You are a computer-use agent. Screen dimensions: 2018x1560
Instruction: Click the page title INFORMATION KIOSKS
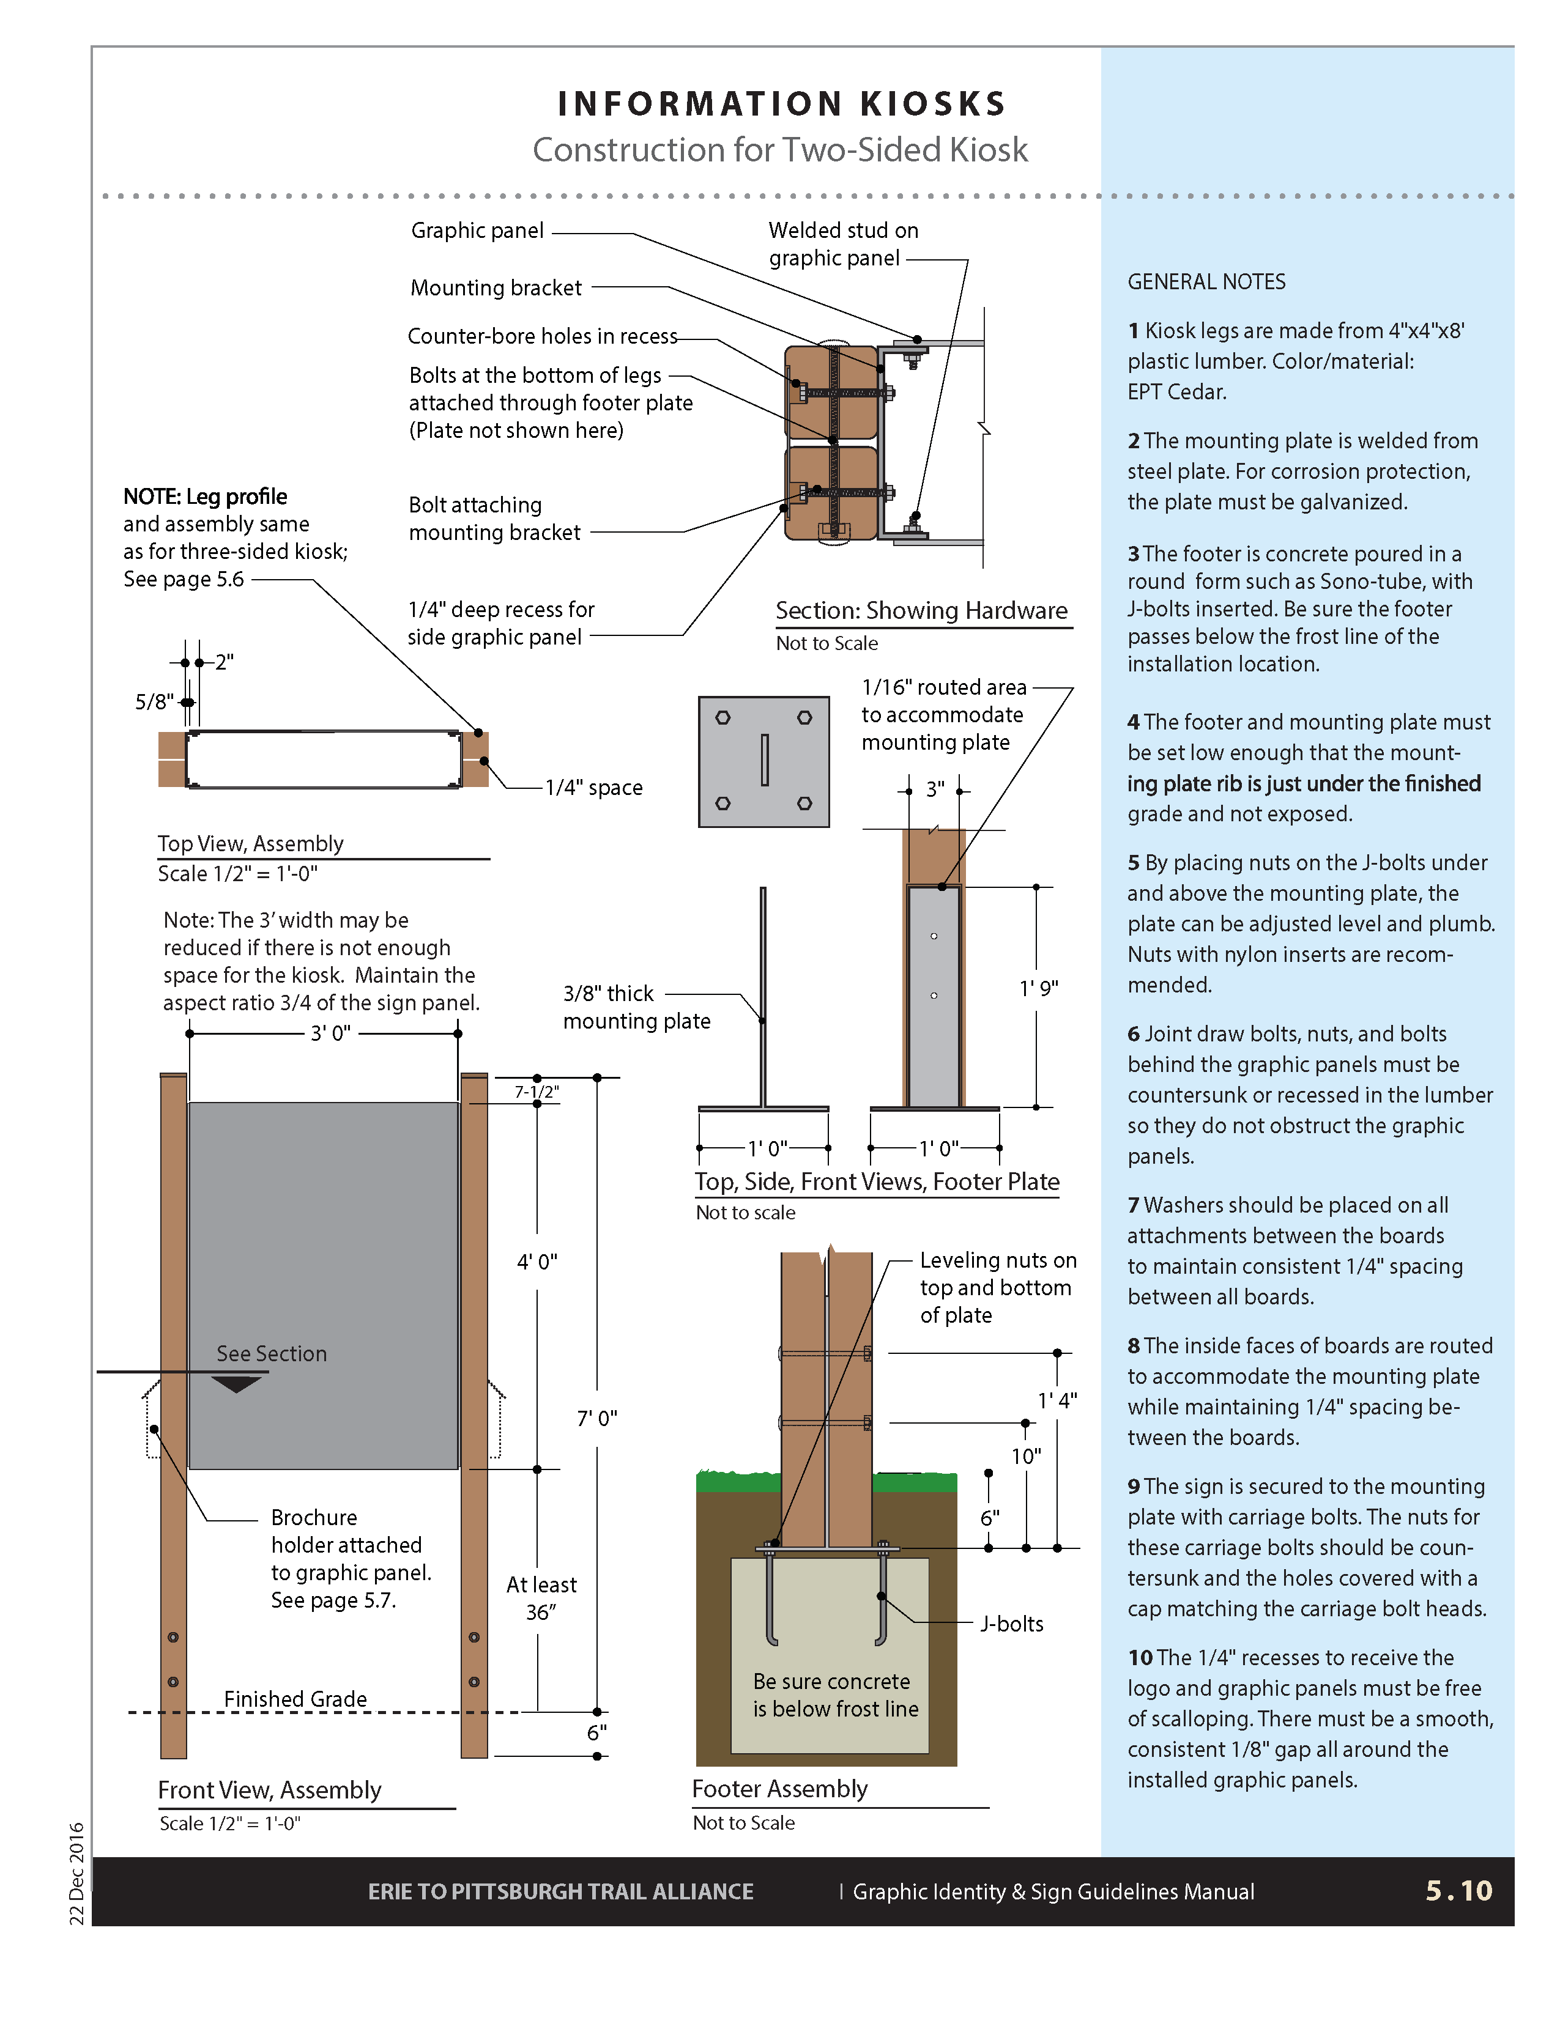(781, 103)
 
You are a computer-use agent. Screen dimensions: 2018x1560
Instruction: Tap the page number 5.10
(1458, 1890)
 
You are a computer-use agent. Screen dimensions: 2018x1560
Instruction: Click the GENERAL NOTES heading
(1206, 282)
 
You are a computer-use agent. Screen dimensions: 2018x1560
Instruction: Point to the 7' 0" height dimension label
(597, 1417)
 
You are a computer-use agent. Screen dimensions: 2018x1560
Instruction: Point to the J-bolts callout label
(1012, 1624)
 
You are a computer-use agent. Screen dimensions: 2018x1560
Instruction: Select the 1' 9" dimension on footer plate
(1039, 988)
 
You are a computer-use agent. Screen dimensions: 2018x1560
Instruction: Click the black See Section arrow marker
(237, 1383)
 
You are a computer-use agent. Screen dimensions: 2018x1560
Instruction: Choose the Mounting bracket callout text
(496, 288)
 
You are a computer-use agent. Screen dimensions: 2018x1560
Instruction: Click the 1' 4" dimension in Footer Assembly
(1057, 1401)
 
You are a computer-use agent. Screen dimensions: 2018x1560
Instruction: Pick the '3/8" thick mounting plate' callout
(637, 1007)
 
